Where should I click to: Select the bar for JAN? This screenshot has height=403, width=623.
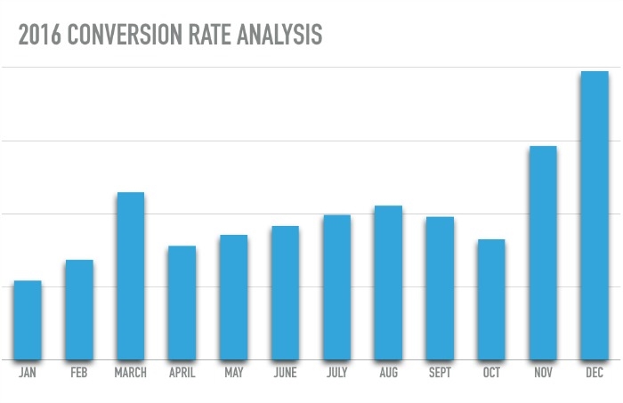[x=28, y=320]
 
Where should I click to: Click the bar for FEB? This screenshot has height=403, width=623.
[x=79, y=310]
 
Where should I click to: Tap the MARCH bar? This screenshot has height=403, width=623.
[x=131, y=276]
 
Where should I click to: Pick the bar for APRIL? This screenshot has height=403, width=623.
[x=182, y=302]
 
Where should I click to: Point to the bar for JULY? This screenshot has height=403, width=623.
[x=336, y=287]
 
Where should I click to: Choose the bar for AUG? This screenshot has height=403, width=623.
[x=388, y=283]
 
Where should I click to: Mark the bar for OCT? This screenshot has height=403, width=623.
[x=491, y=300]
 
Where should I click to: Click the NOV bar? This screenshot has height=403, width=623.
[x=543, y=253]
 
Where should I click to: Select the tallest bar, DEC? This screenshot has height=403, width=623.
[x=595, y=215]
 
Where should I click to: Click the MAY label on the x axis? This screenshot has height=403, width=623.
[x=233, y=373]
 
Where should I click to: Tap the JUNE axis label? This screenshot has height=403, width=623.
[x=285, y=373]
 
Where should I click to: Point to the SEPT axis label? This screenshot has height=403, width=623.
[x=440, y=373]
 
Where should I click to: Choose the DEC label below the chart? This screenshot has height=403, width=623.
[x=595, y=373]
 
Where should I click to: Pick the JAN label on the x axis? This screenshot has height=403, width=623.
[x=28, y=373]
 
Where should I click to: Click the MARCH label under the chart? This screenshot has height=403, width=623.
[x=131, y=373]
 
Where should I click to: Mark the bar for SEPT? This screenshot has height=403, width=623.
[x=440, y=288]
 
